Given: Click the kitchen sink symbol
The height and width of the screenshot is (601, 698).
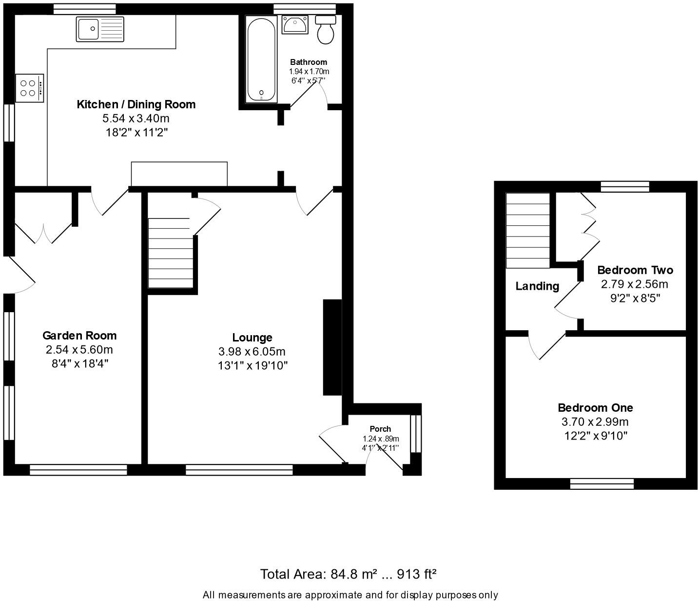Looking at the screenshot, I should click(x=100, y=29).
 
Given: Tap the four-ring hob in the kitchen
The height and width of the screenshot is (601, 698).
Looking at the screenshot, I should click(x=30, y=88).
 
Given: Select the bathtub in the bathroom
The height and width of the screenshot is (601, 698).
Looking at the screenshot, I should click(x=262, y=59).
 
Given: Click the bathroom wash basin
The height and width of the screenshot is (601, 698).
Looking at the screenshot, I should click(x=294, y=24).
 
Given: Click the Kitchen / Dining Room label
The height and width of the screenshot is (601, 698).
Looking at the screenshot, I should click(x=136, y=104).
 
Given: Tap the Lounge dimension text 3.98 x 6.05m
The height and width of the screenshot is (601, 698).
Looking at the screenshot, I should click(x=252, y=352).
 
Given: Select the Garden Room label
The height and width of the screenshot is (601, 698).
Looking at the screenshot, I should click(x=79, y=336).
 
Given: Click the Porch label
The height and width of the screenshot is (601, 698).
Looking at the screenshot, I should click(x=380, y=429).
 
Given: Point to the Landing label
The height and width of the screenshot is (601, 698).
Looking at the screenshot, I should click(x=537, y=286).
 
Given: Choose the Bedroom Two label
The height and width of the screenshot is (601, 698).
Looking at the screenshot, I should click(x=635, y=270).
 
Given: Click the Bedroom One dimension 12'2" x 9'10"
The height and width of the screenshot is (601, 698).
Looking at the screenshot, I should click(x=596, y=436).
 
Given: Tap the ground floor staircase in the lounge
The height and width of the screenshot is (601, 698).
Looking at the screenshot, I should click(x=170, y=254).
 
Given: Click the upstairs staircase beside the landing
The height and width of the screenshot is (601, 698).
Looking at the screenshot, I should click(x=528, y=230).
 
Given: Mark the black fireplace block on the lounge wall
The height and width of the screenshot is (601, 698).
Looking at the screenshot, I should click(x=332, y=347).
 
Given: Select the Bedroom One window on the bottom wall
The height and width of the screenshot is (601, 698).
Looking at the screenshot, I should click(x=602, y=483).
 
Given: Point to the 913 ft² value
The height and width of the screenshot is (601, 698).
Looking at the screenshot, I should click(x=417, y=574).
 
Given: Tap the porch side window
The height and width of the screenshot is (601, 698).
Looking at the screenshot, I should click(x=415, y=434).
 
